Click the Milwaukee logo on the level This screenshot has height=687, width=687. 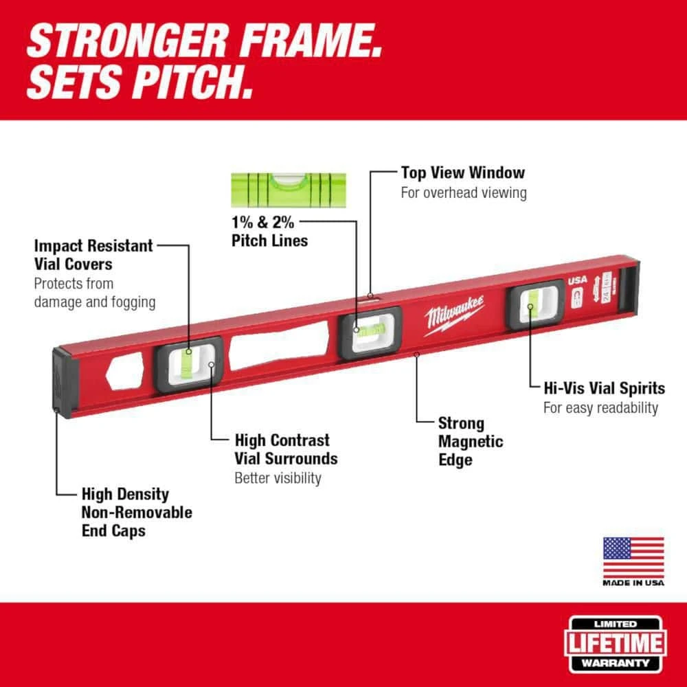[x=454, y=315]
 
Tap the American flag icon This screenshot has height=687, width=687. [x=633, y=556]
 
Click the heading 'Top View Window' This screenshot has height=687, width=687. [x=462, y=172]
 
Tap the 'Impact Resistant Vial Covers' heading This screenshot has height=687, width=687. [x=93, y=254]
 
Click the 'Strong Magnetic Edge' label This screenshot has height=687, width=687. [x=471, y=442]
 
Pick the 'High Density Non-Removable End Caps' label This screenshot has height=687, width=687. [x=137, y=512]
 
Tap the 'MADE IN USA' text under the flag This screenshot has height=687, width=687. [x=633, y=583]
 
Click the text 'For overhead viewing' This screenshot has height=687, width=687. [x=464, y=192]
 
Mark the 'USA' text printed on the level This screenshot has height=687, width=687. [x=577, y=280]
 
